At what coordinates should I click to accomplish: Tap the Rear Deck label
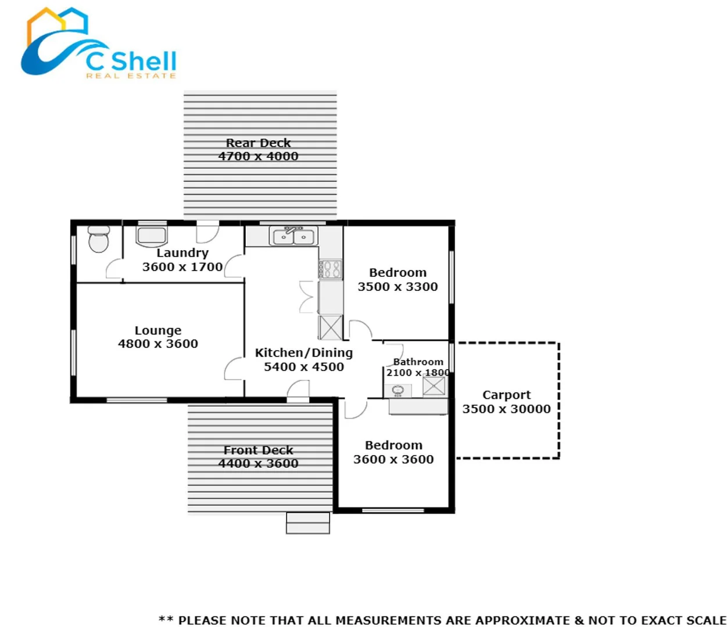(258, 143)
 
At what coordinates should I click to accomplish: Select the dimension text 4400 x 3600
(258, 463)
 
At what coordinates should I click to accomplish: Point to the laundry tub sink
(152, 236)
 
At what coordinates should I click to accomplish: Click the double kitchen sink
(293, 236)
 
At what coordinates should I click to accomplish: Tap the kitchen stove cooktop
(331, 269)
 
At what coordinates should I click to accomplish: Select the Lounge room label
(158, 330)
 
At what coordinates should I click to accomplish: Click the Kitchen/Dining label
(303, 352)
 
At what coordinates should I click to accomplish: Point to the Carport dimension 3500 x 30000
(506, 409)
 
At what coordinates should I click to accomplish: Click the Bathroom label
(418, 362)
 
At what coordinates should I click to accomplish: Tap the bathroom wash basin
(398, 390)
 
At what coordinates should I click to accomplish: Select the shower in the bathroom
(434, 385)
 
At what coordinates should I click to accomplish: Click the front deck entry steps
(308, 523)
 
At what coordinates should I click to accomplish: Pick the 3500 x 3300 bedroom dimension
(397, 287)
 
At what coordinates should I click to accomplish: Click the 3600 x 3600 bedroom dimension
(393, 459)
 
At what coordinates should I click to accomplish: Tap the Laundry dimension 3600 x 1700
(182, 267)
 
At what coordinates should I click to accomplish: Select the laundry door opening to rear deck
(207, 232)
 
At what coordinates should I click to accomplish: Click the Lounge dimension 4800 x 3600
(158, 344)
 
